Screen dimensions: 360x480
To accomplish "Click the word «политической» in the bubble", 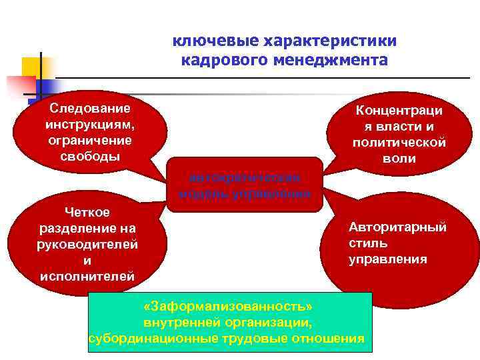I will (399, 143).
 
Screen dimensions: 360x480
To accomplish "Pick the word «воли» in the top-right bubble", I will (399, 159).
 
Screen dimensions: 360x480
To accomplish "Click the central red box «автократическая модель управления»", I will (245, 185).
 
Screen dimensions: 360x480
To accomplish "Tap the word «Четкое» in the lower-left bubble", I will (87, 212).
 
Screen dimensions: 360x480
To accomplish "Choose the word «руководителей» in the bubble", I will (87, 244).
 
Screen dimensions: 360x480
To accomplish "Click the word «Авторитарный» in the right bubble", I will (397, 227).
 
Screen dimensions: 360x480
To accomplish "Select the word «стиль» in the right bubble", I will (367, 243).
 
